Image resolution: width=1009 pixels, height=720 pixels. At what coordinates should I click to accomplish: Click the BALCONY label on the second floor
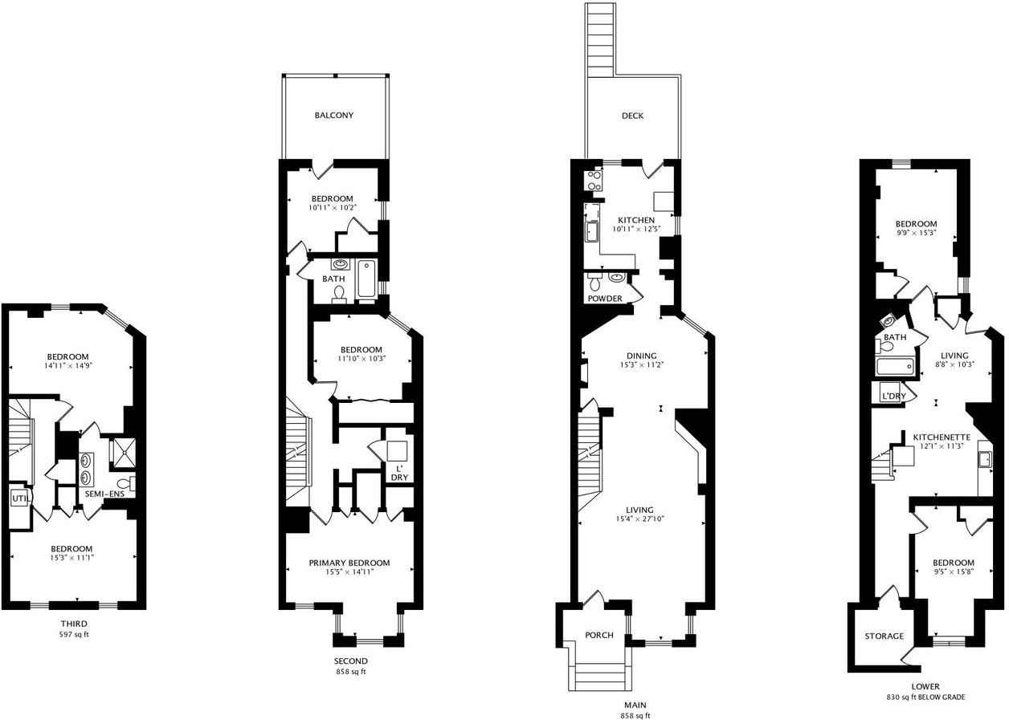coord(333,116)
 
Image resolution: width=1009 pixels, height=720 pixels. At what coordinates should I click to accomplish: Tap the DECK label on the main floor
coord(632,116)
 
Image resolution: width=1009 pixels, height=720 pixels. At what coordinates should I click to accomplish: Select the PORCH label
coord(599,635)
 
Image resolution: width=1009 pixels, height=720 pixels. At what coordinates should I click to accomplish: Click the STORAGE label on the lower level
coord(884,636)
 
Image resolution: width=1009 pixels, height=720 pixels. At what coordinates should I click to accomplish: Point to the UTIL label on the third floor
coord(19,498)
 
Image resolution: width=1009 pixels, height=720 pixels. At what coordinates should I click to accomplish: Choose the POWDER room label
coord(605,299)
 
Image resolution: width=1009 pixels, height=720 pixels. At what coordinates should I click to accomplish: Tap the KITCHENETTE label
coord(942,437)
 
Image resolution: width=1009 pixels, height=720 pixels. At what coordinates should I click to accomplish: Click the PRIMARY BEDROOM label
coord(349,563)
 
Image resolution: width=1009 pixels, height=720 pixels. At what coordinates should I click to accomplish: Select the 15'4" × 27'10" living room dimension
coord(640,519)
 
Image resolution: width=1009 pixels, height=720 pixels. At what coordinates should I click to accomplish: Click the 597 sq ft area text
coord(73,634)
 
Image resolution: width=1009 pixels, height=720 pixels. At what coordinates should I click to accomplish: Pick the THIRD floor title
coord(73,624)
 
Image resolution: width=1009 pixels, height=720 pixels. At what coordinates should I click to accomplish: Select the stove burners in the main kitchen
coord(594,181)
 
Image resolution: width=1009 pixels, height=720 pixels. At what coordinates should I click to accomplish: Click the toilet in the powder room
coord(595,283)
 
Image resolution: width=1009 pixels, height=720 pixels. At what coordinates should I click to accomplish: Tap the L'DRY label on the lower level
coord(893,397)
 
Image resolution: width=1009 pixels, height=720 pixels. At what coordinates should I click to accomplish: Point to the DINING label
coord(642,356)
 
